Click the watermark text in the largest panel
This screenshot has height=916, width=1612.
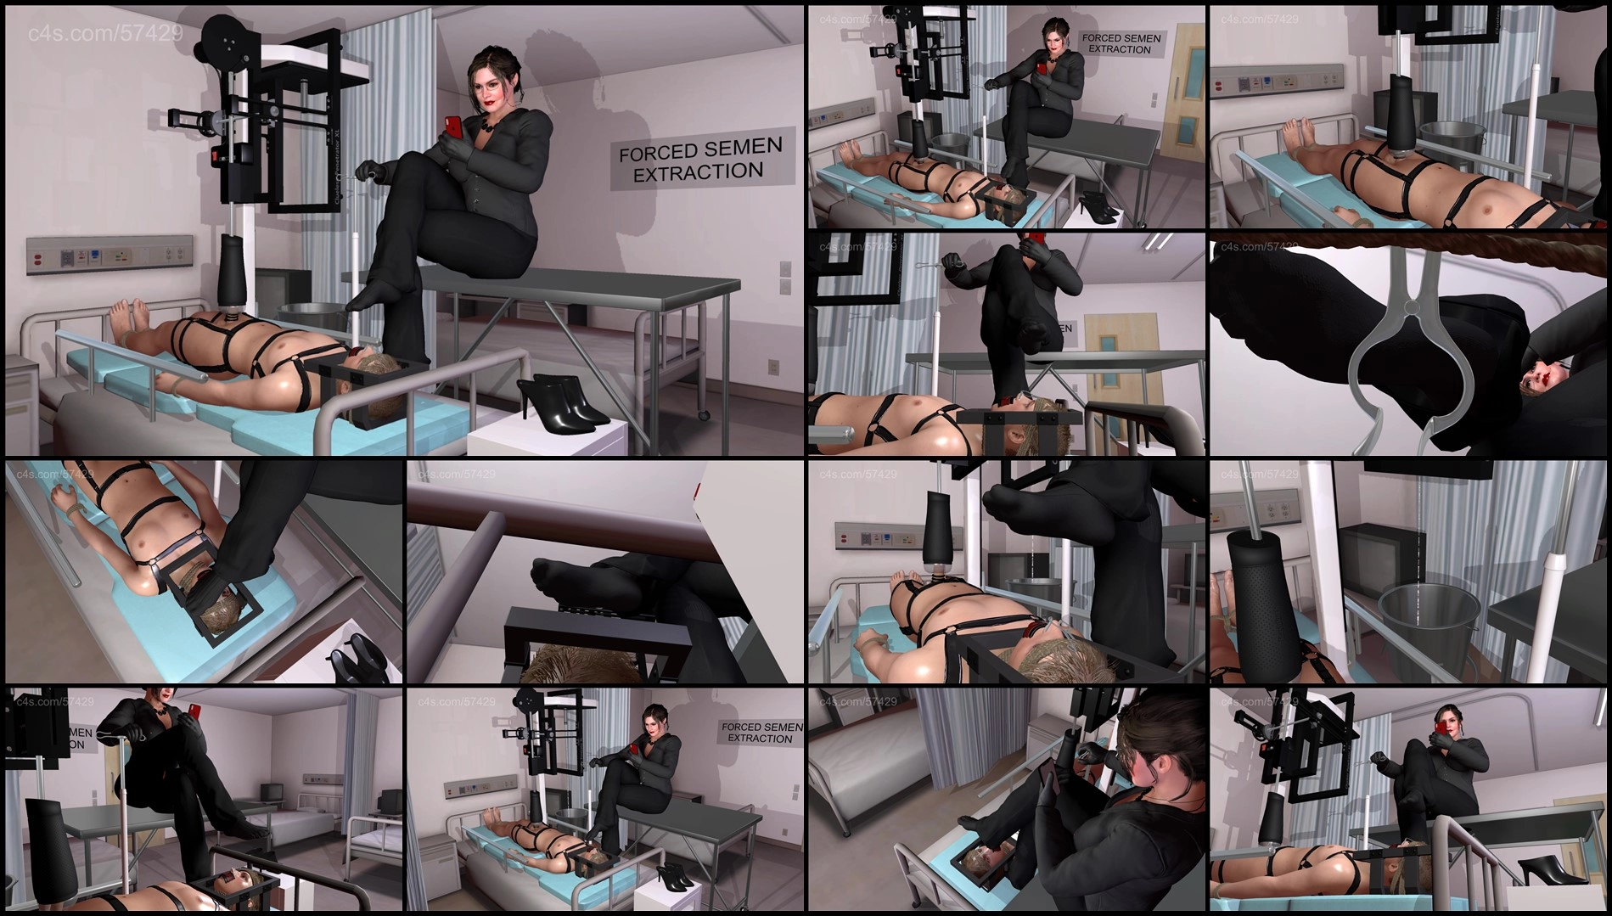(105, 33)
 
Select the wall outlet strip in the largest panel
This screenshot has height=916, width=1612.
(110, 254)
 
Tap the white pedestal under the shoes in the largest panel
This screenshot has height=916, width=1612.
(543, 437)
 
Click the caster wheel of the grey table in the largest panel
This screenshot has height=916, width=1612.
(703, 413)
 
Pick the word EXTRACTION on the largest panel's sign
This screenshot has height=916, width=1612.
(698, 172)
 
